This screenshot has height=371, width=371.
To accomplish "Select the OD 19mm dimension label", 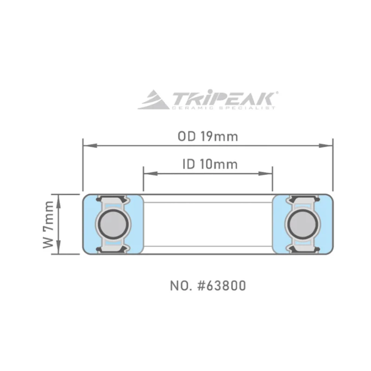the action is tap(208, 136).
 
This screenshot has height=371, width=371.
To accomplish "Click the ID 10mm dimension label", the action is tap(210, 164).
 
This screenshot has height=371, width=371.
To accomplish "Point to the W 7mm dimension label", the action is tap(49, 224).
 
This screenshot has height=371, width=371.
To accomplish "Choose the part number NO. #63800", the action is tap(208, 286).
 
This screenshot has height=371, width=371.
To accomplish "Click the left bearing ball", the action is tap(113, 224).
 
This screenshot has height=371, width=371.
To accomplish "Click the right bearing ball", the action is tap(303, 224).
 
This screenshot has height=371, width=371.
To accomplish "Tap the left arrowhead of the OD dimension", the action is tap(90, 146).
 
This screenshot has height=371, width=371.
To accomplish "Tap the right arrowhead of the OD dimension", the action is tap(326, 146).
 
